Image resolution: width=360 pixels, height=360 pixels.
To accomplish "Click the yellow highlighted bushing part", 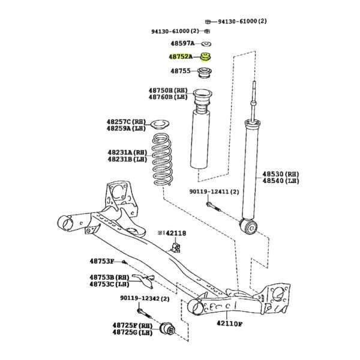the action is click(205, 57).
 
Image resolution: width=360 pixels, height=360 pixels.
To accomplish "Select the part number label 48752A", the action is click(181, 56).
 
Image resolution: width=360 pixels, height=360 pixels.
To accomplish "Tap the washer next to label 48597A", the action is click(206, 44).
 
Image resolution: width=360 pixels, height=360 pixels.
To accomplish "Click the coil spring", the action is click(162, 160).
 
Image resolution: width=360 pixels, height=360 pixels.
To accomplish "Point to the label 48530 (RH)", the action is click(281, 174).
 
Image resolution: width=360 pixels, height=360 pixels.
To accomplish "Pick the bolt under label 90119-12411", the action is click(214, 206).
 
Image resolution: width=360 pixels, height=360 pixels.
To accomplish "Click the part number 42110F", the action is click(230, 324).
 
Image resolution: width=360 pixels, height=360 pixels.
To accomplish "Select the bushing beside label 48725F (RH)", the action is click(167, 329).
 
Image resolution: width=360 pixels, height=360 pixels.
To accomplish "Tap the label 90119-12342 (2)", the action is click(145, 298).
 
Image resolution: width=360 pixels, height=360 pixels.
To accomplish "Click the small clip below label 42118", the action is click(176, 247).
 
